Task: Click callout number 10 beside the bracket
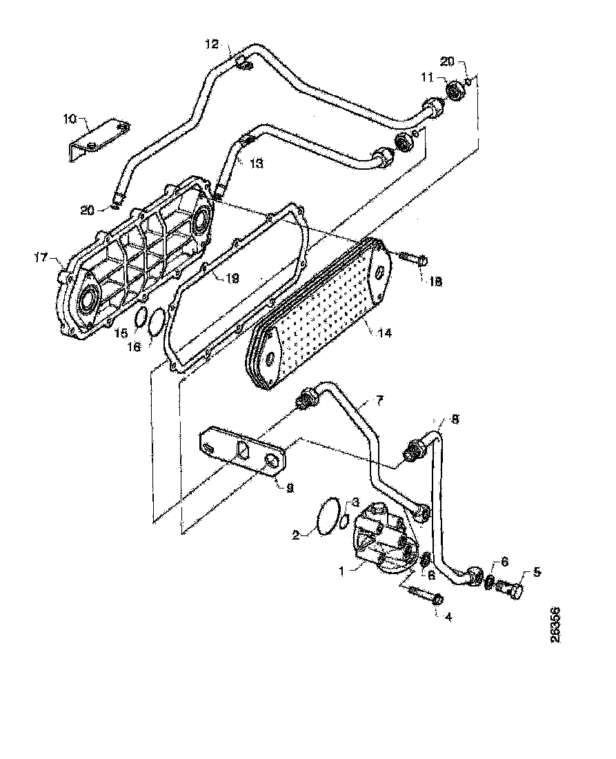70,119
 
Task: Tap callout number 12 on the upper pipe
211,44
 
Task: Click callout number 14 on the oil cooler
384,333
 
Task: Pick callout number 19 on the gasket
232,279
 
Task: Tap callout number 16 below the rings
134,346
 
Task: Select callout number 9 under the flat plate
290,486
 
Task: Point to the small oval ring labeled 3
343,522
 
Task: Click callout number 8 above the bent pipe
455,419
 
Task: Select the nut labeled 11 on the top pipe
455,90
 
